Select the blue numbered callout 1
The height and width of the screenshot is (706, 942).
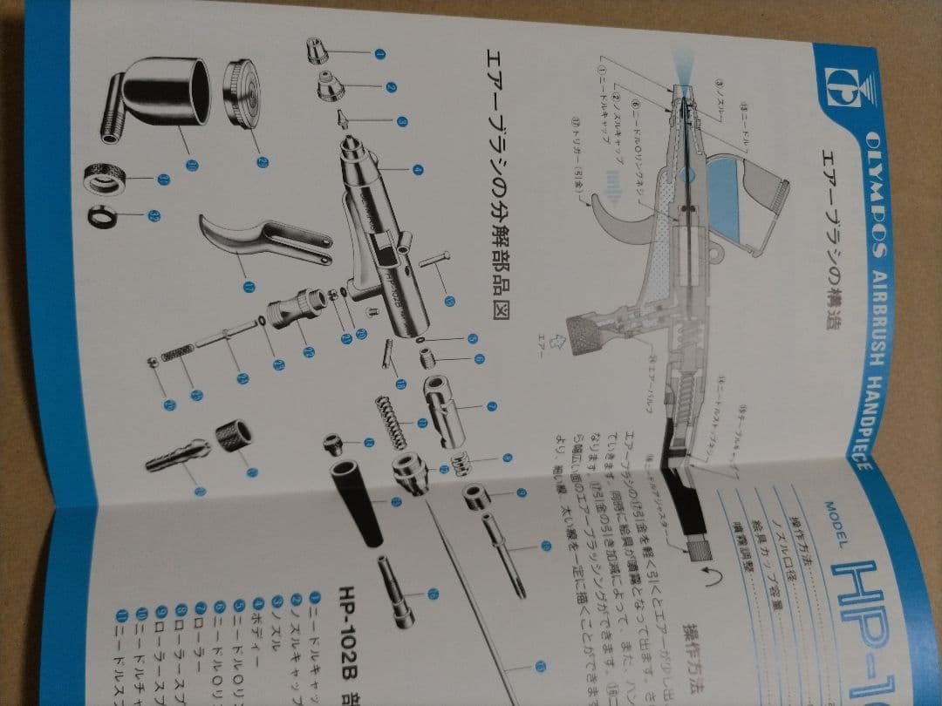click(x=379, y=53)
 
